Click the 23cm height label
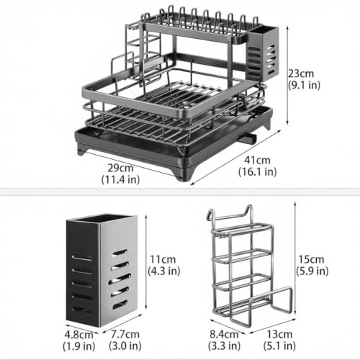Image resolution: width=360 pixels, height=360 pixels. click(x=301, y=73)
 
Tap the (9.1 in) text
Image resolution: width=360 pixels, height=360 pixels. click(x=304, y=86)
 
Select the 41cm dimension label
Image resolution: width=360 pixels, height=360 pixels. click(x=257, y=160)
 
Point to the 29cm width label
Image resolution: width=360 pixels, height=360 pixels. click(x=120, y=168)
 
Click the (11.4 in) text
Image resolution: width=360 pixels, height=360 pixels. click(x=120, y=179)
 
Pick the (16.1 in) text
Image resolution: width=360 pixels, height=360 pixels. click(x=257, y=172)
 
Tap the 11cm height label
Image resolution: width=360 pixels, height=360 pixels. click(x=163, y=259)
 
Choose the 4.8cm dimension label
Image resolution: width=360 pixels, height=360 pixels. click(x=78, y=335)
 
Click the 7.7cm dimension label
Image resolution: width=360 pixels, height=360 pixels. click(x=125, y=334)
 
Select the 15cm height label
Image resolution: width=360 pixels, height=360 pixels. click(x=311, y=259)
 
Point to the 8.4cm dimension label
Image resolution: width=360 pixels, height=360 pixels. click(x=224, y=334)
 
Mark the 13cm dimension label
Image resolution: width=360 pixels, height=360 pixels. click(x=279, y=334)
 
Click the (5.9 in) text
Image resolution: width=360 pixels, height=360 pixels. click(x=312, y=271)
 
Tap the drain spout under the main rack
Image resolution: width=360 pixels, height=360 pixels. click(x=247, y=138)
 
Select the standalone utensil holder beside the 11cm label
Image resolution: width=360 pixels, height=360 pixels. click(x=102, y=270)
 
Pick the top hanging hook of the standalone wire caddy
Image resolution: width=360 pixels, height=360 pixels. click(x=230, y=215)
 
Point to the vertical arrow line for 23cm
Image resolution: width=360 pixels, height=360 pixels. click(x=288, y=76)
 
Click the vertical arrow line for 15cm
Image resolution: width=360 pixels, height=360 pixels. click(x=295, y=258)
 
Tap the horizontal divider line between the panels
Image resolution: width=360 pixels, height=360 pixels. click(x=180, y=192)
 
